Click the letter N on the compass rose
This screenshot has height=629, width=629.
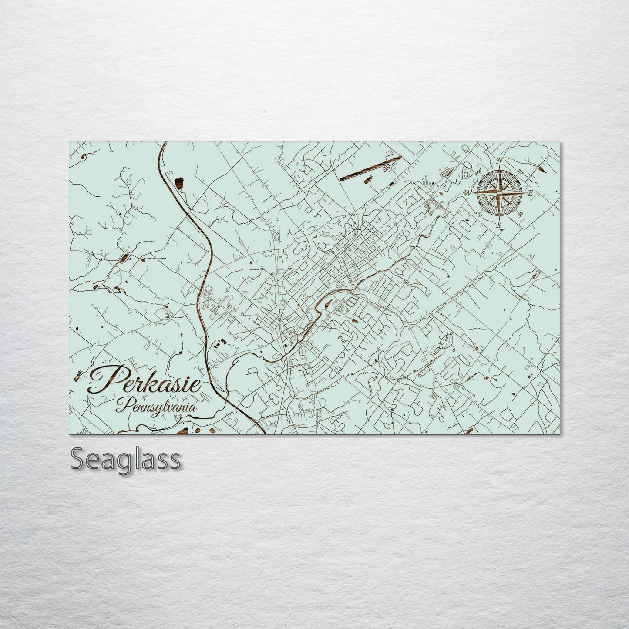(x=500, y=161)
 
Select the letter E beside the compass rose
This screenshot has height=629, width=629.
(x=530, y=194)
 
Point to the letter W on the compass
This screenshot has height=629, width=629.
(x=468, y=192)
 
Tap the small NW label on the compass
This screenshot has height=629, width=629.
(x=480, y=170)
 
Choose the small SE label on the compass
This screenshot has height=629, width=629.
(x=520, y=214)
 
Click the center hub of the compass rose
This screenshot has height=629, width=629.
(x=499, y=192)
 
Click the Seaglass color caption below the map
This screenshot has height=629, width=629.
(x=125, y=459)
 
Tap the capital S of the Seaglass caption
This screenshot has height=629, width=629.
(x=78, y=459)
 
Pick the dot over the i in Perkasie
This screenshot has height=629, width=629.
(x=185, y=373)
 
